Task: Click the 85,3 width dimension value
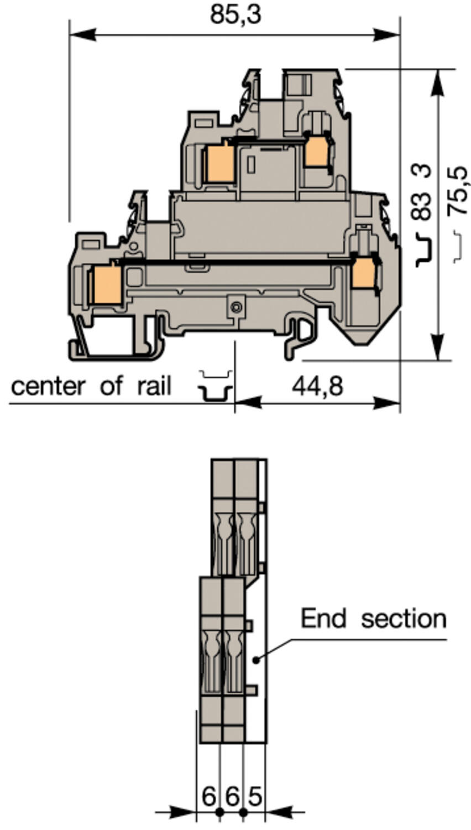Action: pos(235,15)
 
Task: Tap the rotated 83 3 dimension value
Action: pos(423,192)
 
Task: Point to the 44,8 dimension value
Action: pos(317,386)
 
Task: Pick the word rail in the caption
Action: pos(154,386)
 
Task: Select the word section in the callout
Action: pos(404,618)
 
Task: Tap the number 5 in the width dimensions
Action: pos(254,797)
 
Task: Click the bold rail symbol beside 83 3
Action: pos(424,249)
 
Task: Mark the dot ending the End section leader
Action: pos(255,660)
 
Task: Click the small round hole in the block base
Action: pos(237,307)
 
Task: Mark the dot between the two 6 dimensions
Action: pos(219,812)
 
